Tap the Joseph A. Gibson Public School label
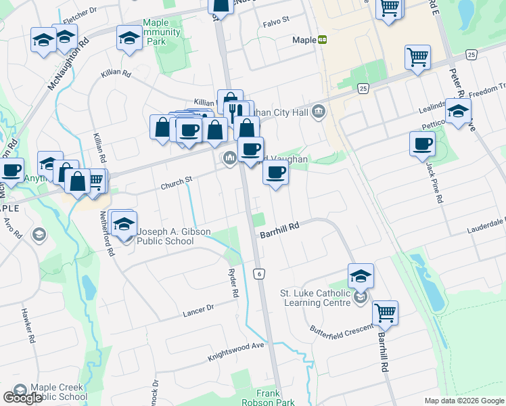pyautogui.click(x=175, y=236)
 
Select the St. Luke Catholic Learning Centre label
pyautogui.click(x=315, y=298)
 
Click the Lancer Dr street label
pyautogui.click(x=198, y=310)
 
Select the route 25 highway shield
pyautogui.click(x=363, y=89)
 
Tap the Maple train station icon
pyautogui.click(x=323, y=40)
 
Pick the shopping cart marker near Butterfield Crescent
pyautogui.click(x=386, y=313)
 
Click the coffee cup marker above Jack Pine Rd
pyautogui.click(x=423, y=144)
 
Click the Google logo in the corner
pyautogui.click(x=22, y=398)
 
